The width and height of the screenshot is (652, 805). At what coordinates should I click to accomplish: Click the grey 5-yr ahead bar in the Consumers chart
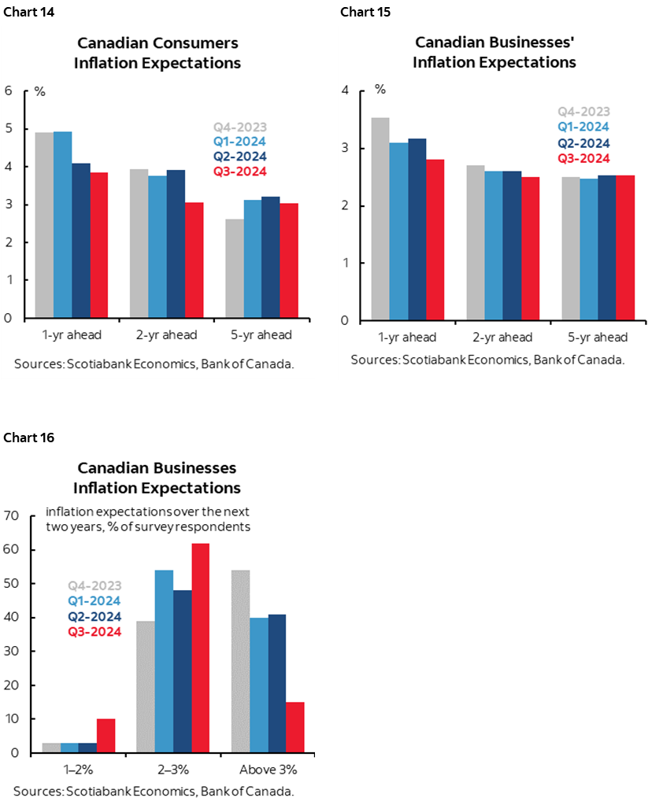coord(233,268)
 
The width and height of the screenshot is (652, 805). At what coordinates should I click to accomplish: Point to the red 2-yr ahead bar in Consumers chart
coord(194,260)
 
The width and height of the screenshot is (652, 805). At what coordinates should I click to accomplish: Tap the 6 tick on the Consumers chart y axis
coord(9,90)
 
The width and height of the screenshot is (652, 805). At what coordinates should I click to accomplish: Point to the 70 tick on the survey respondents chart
coord(11,516)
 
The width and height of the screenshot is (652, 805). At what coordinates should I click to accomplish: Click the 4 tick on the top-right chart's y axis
coord(344,91)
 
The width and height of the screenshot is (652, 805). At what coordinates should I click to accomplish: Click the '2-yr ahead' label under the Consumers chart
coord(166,335)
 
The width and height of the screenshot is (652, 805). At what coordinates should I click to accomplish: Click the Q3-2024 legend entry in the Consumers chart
coord(240,172)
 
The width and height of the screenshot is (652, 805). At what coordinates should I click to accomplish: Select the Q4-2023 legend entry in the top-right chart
coord(583,113)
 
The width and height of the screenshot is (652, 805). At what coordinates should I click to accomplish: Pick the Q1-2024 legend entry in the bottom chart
coord(94,601)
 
